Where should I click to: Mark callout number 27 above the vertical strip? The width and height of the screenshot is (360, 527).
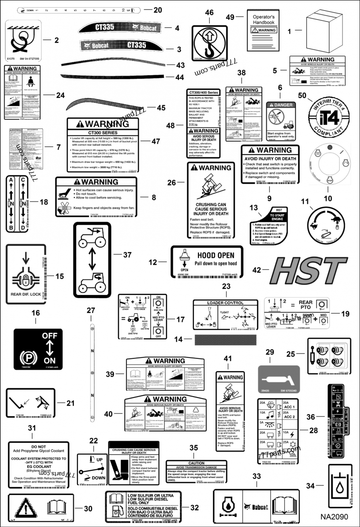[x=91, y=310]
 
